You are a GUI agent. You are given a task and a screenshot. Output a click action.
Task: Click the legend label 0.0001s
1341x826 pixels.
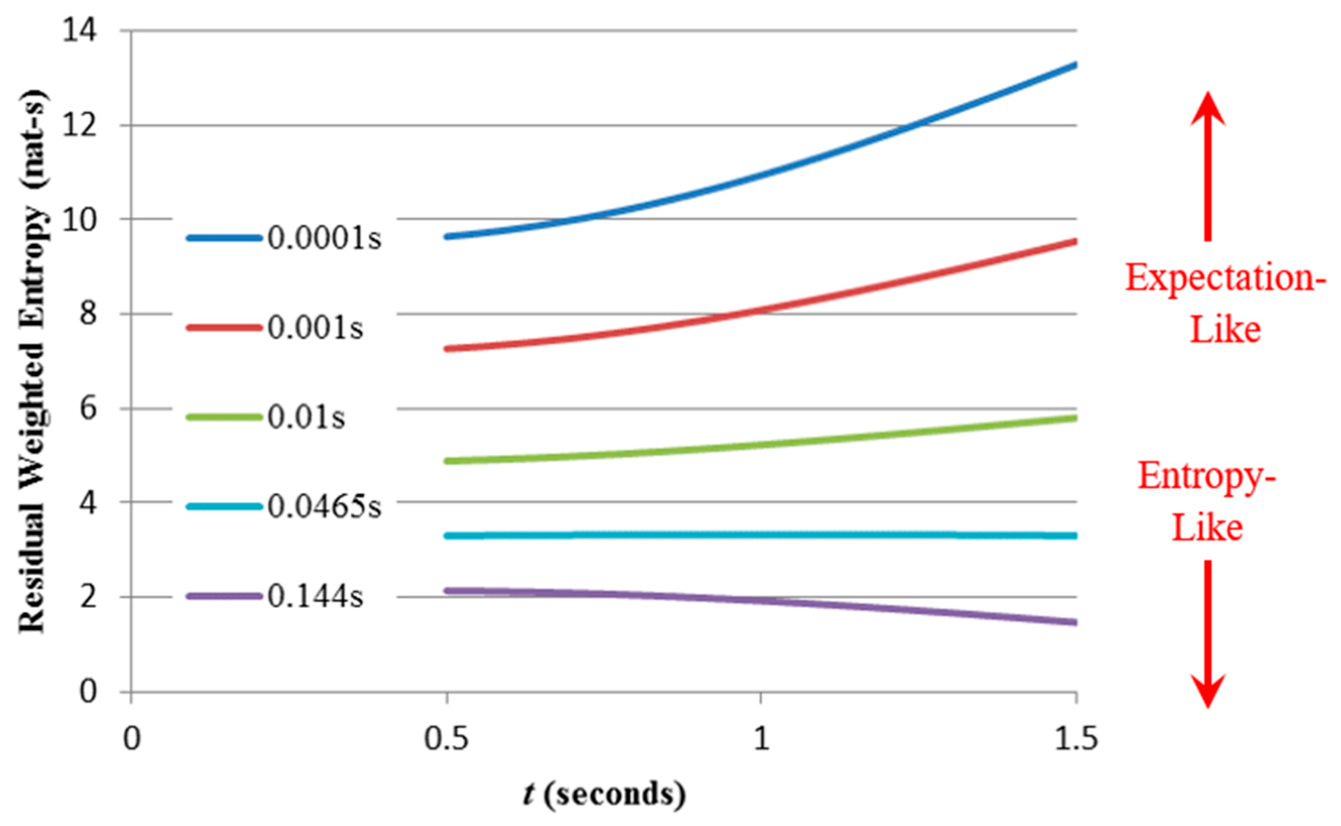(x=324, y=238)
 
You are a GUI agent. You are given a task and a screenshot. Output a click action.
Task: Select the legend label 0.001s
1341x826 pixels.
(x=315, y=328)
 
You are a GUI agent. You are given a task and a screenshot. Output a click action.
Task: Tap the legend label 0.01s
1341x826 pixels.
(x=306, y=418)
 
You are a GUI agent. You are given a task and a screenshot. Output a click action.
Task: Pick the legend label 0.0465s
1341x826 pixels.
(x=324, y=507)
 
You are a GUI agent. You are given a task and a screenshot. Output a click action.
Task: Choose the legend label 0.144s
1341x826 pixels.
(x=315, y=597)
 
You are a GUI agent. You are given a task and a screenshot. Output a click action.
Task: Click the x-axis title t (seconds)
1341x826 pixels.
(x=603, y=795)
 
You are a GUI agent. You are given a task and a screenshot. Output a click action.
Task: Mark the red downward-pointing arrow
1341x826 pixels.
(x=1208, y=634)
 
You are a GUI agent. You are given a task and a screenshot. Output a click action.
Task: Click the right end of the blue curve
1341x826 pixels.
(x=1075, y=65)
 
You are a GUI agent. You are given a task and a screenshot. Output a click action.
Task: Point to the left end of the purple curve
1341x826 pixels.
(x=448, y=591)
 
